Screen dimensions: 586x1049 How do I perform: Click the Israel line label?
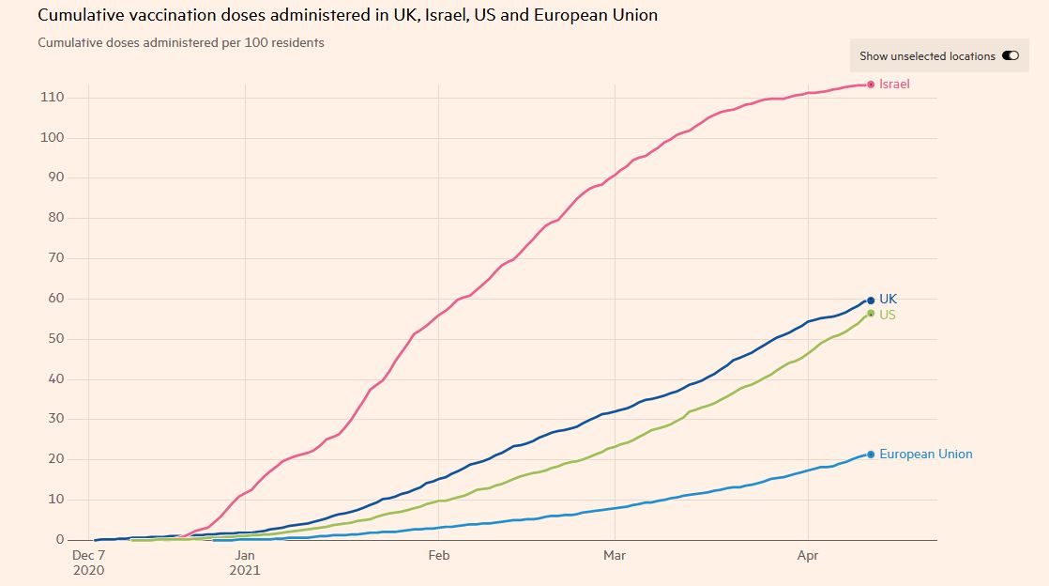[894, 85]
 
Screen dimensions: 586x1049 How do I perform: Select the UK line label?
[888, 300]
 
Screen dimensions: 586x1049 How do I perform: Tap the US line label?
[887, 315]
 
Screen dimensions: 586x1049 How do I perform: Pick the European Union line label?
[925, 455]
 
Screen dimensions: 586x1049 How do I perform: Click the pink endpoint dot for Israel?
[871, 85]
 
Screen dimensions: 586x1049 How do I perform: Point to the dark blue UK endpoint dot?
[871, 301]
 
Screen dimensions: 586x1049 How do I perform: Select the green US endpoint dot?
[871, 314]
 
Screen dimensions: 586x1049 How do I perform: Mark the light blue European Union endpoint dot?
[871, 455]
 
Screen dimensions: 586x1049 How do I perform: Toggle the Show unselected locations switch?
[1010, 56]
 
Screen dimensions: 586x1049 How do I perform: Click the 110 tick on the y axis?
[52, 98]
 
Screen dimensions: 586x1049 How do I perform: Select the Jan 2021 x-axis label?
[245, 563]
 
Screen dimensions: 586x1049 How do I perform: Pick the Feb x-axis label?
[438, 556]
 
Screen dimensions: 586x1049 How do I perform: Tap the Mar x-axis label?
[615, 556]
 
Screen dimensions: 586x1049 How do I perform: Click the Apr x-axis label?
[808, 556]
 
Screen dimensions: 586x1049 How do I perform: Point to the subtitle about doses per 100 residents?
[181, 43]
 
